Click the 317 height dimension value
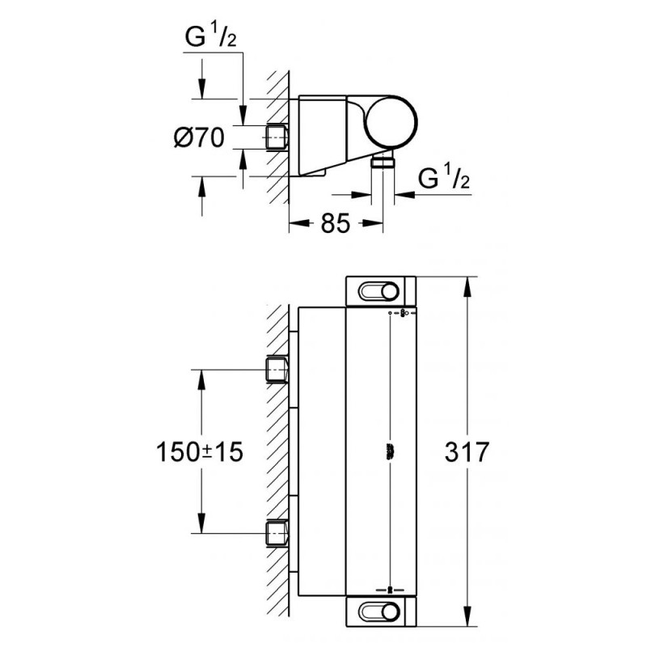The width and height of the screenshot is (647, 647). [467, 451]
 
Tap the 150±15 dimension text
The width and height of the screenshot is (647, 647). [199, 451]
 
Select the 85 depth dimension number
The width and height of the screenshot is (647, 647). [336, 223]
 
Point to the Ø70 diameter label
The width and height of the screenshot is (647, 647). [199, 137]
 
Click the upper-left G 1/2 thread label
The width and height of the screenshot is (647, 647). [210, 37]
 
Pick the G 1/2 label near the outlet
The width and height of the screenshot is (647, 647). [443, 178]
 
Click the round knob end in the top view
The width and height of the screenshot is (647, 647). [391, 123]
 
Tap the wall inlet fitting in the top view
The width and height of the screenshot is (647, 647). [277, 137]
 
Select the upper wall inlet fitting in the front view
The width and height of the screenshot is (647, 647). [277, 370]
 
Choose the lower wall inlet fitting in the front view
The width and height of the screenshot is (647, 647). [277, 533]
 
